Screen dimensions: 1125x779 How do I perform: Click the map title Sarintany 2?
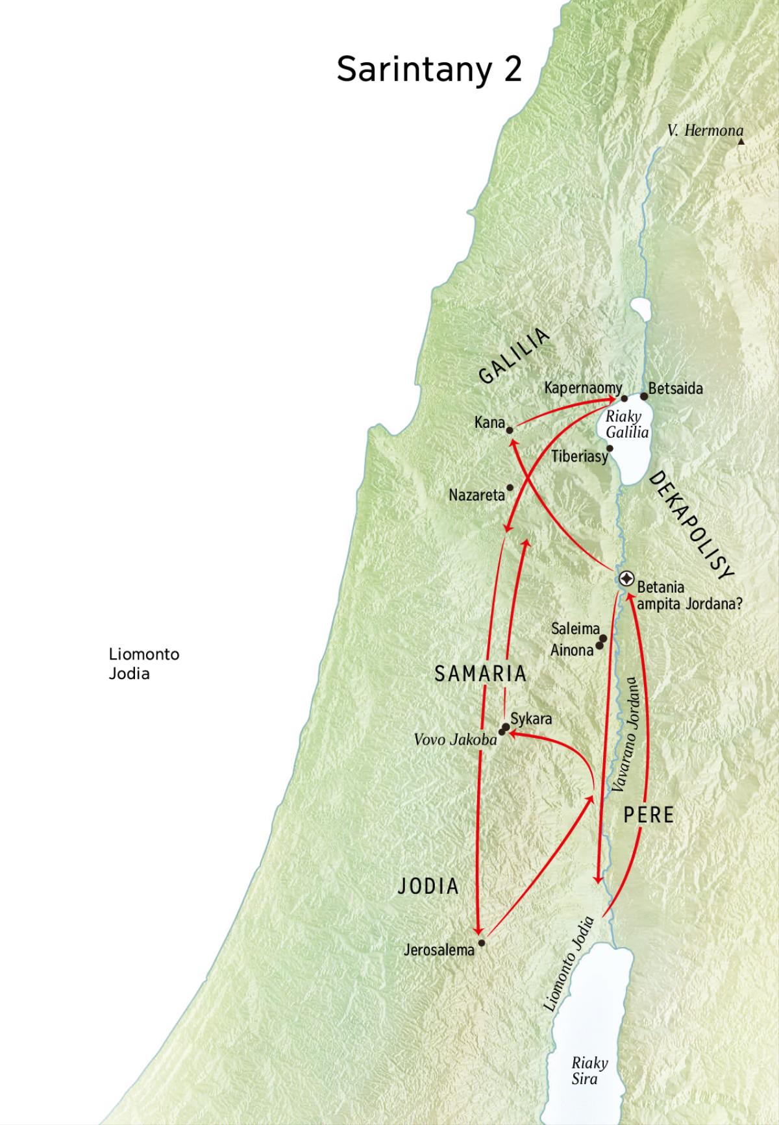[x=429, y=69]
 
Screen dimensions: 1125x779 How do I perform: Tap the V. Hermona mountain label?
[x=704, y=130]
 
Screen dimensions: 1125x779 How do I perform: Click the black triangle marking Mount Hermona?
[x=741, y=140]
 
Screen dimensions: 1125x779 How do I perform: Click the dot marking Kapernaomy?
[x=624, y=399]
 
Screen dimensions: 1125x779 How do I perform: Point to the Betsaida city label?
[x=675, y=389]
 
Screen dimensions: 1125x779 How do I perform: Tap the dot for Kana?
[x=510, y=430]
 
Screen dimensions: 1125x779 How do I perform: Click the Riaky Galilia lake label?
[x=626, y=425]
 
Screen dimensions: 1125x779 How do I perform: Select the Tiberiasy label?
[x=580, y=456]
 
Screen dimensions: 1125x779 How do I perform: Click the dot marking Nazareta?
[x=510, y=488]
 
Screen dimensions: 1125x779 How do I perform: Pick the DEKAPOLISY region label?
[x=691, y=525]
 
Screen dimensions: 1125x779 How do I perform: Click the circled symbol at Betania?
[x=626, y=578]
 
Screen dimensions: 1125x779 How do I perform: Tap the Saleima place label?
[x=575, y=628]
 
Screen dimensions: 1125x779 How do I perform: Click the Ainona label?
[x=571, y=649]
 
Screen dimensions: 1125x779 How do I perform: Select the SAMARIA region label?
[x=480, y=674]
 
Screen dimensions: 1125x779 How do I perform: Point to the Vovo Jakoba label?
[x=455, y=739]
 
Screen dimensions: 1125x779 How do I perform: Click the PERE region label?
[x=649, y=815]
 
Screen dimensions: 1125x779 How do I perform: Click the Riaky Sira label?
[x=589, y=1070]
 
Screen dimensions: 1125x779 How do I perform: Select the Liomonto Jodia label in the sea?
[x=143, y=663]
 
